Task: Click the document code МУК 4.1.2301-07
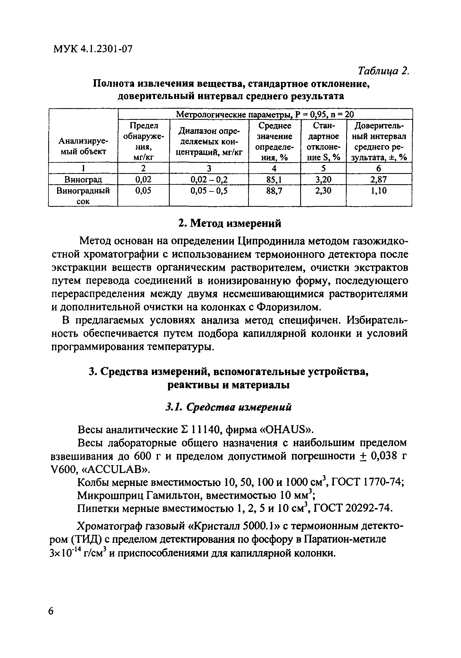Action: coord(93,49)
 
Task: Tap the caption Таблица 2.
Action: coord(384,71)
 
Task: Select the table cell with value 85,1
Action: coord(274,179)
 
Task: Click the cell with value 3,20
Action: coord(323,179)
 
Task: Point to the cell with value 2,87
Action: coord(378,179)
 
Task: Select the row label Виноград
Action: coord(83,180)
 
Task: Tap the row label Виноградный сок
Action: coord(83,195)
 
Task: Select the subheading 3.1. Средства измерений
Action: coord(229,407)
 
